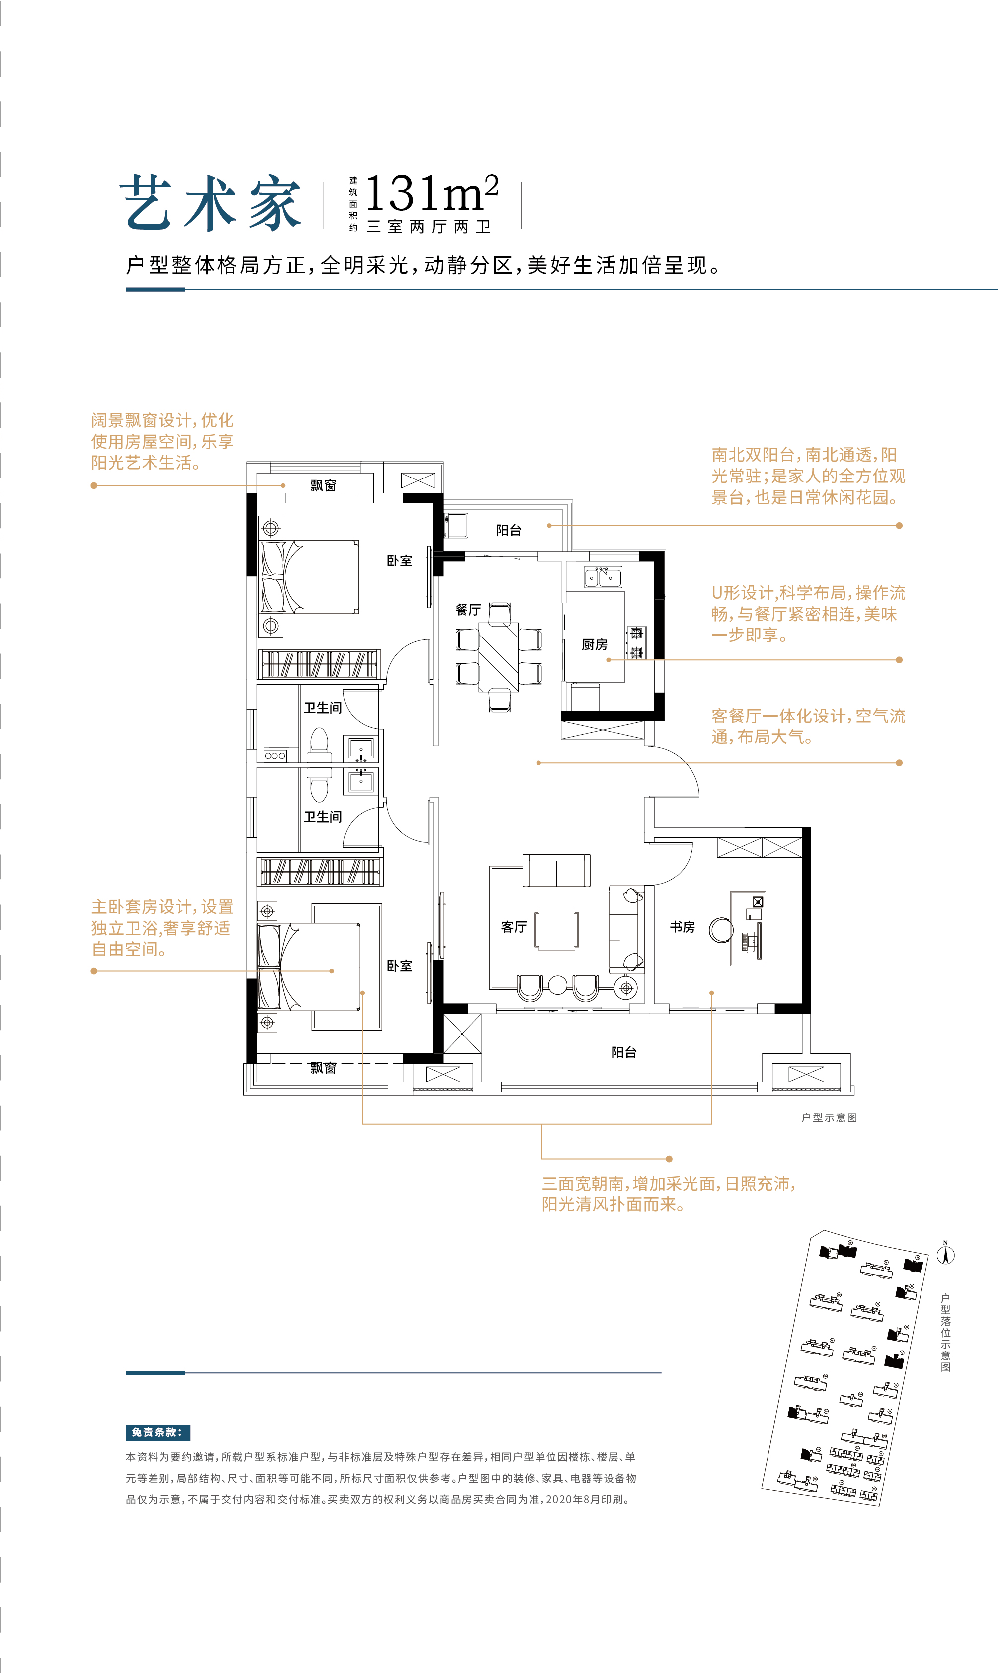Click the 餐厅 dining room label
[467, 610]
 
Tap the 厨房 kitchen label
[595, 644]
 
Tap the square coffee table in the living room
[556, 930]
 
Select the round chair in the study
[721, 930]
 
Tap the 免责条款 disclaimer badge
[157, 1432]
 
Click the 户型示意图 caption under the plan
[829, 1117]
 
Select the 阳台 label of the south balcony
[623, 1052]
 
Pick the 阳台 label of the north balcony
[508, 530]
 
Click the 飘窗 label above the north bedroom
[323, 485]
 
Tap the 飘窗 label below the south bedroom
[323, 1068]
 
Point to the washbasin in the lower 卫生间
[361, 781]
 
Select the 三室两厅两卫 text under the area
[428, 227]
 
